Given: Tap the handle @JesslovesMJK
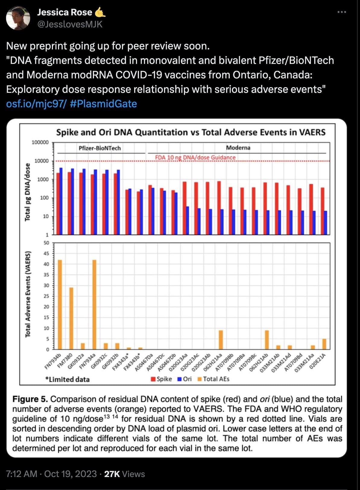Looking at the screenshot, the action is pyautogui.click(x=70, y=24).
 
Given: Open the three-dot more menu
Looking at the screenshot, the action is pyautogui.click(x=342, y=12).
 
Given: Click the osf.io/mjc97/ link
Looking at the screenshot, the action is pyautogui.click(x=36, y=104).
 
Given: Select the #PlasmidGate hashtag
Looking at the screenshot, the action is pyautogui.click(x=103, y=104).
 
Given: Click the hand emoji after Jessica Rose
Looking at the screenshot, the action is pyautogui.click(x=100, y=12).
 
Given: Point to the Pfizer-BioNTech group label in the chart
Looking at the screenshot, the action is pyautogui.click(x=99, y=148).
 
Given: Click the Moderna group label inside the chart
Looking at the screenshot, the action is pyautogui.click(x=238, y=148).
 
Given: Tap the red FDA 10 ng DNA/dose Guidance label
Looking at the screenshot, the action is pyautogui.click(x=195, y=158).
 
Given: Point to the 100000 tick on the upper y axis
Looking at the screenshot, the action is pyautogui.click(x=40, y=143).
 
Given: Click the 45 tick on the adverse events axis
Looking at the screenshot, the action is pyautogui.click(x=46, y=253).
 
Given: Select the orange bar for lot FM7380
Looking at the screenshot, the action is pyautogui.click(x=71, y=318).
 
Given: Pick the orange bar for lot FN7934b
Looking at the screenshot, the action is pyautogui.click(x=60, y=304).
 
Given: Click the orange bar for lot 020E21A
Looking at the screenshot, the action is pyautogui.click(x=324, y=344).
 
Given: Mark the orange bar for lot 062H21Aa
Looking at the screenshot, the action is pyautogui.click(x=221, y=340).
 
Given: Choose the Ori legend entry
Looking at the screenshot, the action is pyautogui.click(x=185, y=379).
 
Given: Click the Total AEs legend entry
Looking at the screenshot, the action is pyautogui.click(x=213, y=379).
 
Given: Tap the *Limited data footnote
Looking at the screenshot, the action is pyautogui.click(x=68, y=379).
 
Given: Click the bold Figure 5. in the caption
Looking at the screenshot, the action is pyautogui.click(x=30, y=399).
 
